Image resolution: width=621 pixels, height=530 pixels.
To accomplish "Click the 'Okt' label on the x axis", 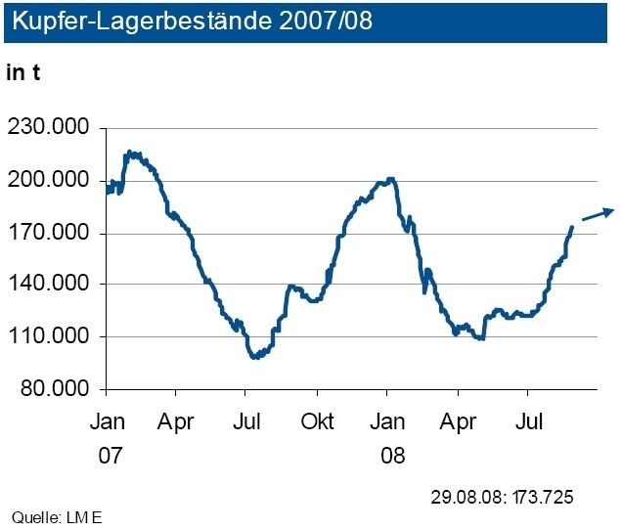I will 318,421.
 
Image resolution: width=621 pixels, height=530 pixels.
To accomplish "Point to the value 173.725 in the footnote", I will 539,497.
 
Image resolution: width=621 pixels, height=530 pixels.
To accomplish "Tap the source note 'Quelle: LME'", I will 56,516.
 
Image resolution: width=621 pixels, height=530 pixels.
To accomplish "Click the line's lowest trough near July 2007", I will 255,357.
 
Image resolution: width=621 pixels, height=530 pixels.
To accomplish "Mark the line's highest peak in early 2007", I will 131,153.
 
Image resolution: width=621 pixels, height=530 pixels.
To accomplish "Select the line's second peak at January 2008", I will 390,179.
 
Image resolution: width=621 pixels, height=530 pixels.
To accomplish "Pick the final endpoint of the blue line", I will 571,227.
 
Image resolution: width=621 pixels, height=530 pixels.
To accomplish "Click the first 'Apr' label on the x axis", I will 176,421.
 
